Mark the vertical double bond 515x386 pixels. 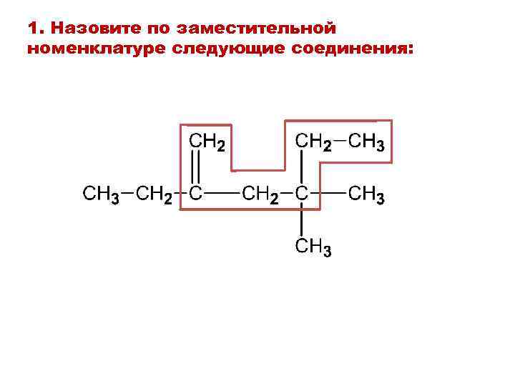point(196,169)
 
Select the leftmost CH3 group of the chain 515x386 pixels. point(100,194)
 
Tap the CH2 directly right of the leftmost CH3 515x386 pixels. point(154,194)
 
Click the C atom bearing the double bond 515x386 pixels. point(195,193)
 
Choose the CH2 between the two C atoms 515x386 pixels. point(261,194)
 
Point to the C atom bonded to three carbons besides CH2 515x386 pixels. point(303,193)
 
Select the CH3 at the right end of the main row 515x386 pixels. point(367,194)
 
